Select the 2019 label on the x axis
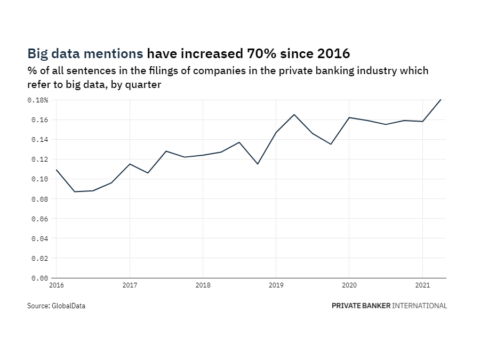tap(276, 285)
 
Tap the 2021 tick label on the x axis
tap(422, 285)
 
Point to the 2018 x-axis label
tap(203, 285)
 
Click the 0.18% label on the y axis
tap(38, 100)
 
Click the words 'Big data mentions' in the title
tap(85, 54)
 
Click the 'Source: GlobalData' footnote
tap(56, 306)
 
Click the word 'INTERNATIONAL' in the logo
tap(420, 306)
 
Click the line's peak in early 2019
tap(294, 115)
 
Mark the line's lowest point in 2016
tap(75, 191)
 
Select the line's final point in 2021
tap(441, 100)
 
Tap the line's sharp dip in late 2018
tap(258, 164)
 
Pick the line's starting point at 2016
tap(56, 170)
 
